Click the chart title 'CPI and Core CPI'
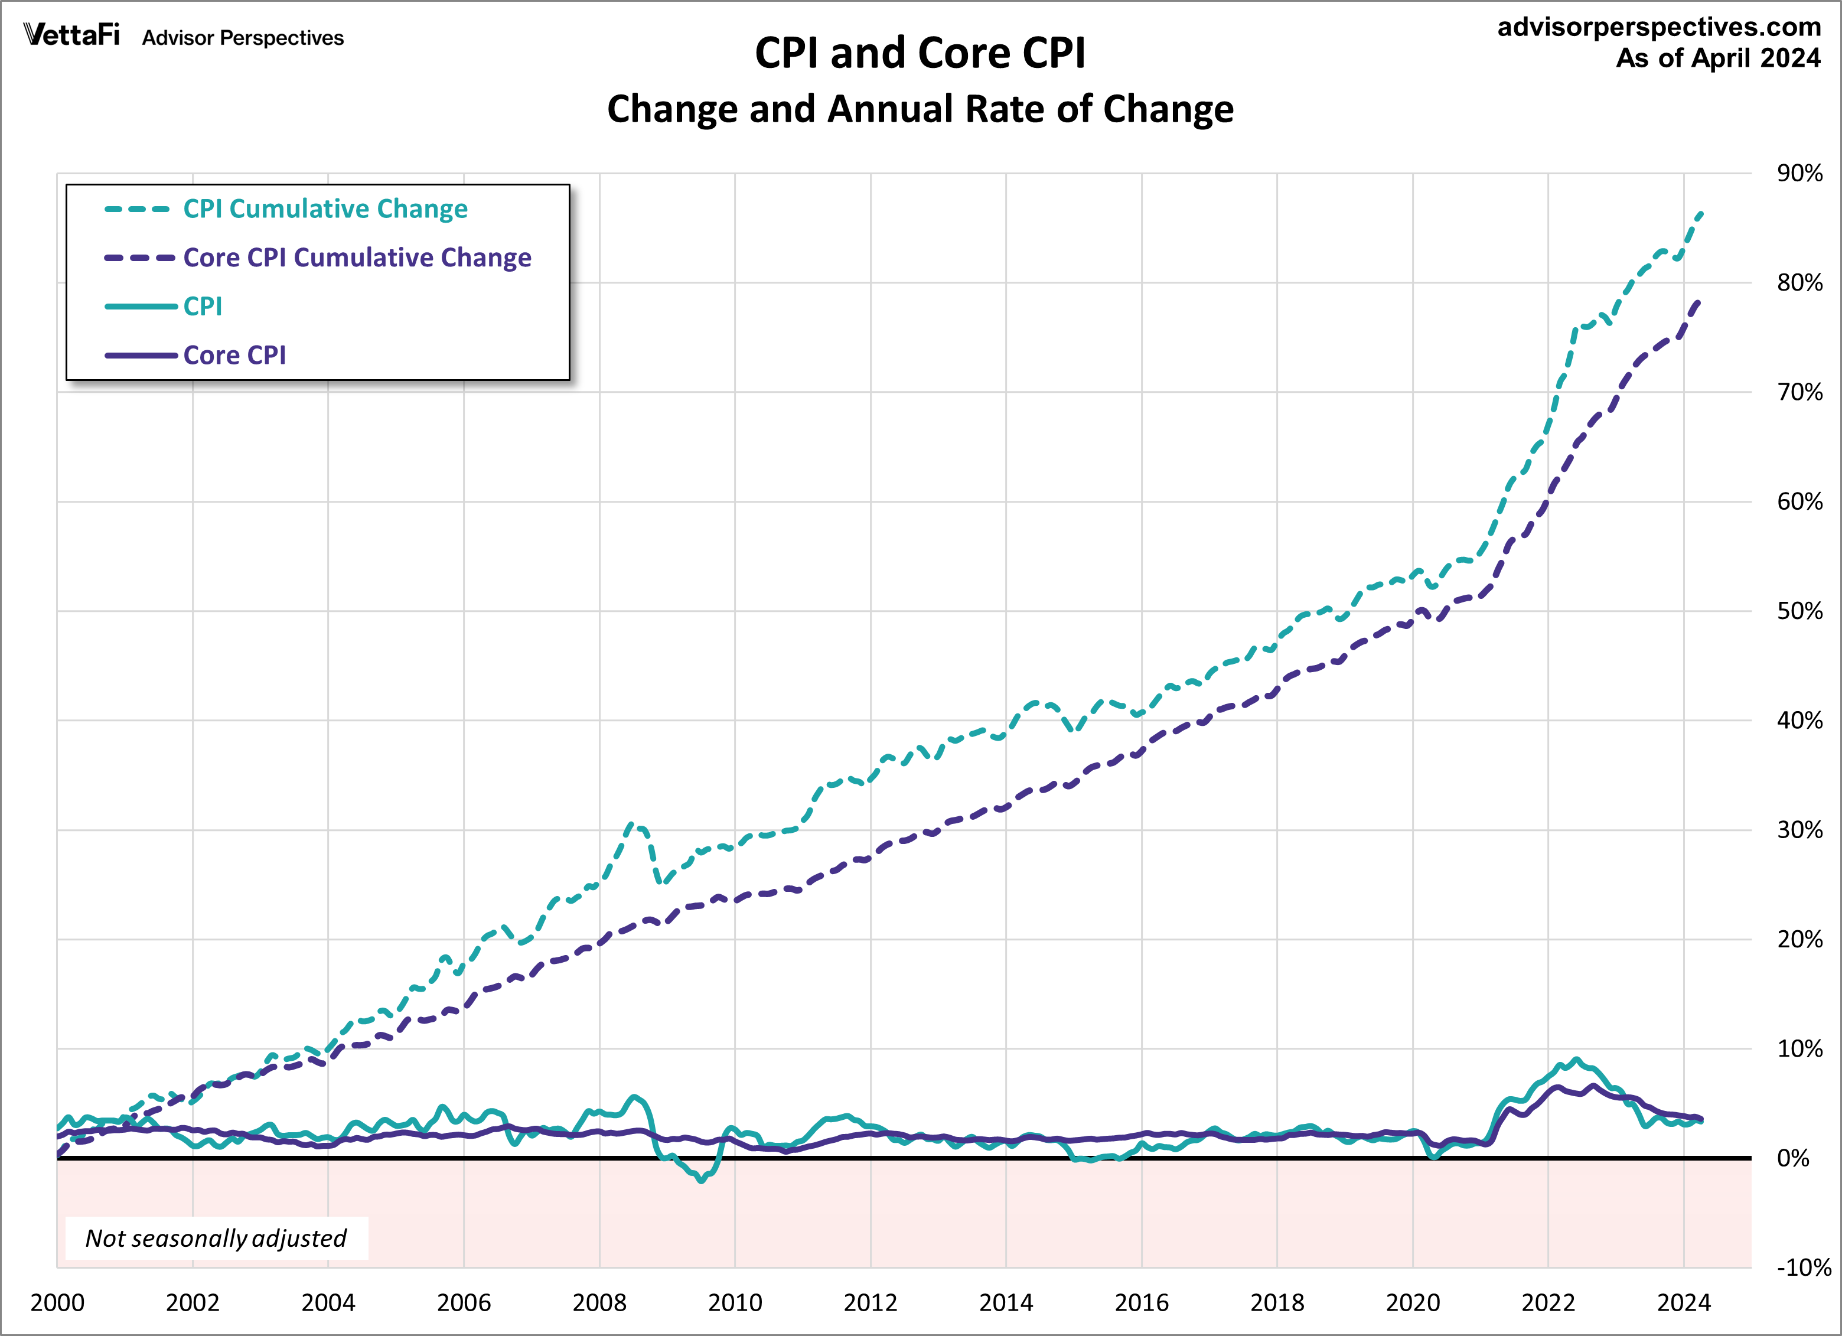pos(920,54)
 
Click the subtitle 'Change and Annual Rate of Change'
pos(920,109)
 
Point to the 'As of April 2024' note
pos(1718,58)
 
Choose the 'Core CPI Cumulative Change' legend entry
pos(357,258)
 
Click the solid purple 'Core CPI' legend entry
pos(234,355)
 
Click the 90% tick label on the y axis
pos(1799,173)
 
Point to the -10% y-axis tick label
pos(1802,1267)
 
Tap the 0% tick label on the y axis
pos(1792,1158)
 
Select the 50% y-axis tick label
pos(1799,611)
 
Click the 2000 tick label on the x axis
pos(57,1303)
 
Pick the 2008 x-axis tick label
pos(599,1303)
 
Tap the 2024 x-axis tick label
pos(1684,1303)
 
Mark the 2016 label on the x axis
pos(1141,1303)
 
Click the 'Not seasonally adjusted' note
pos(216,1238)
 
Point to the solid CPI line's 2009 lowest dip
pos(702,1181)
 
